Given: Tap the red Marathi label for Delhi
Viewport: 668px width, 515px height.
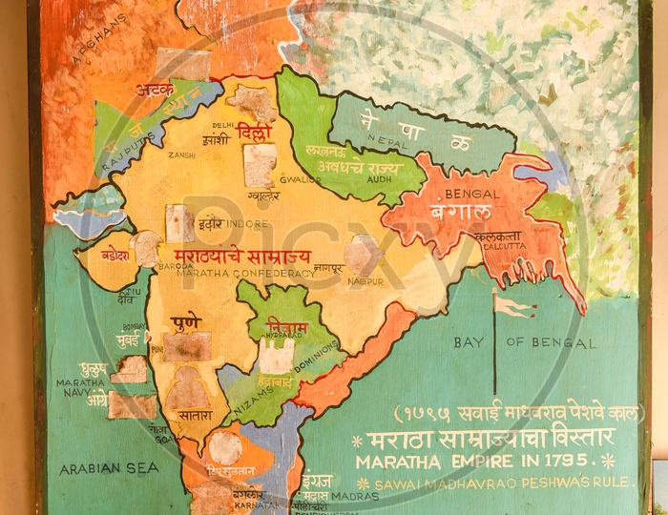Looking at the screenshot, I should (254, 133).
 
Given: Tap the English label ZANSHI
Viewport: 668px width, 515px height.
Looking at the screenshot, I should (181, 154).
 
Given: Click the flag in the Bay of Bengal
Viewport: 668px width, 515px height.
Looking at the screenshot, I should (511, 304).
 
